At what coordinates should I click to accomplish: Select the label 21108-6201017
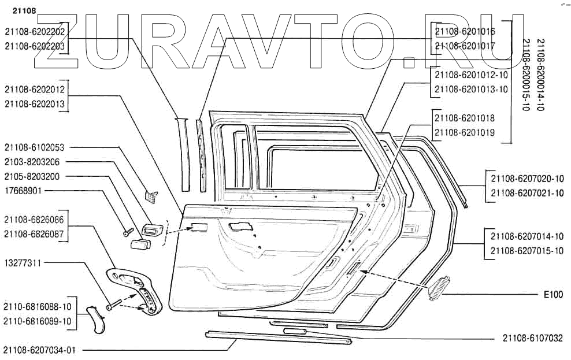pos(464,46)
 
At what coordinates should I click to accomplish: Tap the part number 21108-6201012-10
pos(471,75)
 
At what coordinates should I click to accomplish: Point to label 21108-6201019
pos(464,132)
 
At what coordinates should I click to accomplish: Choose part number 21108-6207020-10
pos(526,179)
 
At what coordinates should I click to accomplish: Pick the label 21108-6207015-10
pos(526,251)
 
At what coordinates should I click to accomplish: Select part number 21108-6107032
pos(532,338)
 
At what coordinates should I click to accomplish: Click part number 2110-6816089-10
pos(38,321)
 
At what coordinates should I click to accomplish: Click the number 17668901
pos(23,190)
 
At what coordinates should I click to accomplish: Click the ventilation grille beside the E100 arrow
pos(440,288)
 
